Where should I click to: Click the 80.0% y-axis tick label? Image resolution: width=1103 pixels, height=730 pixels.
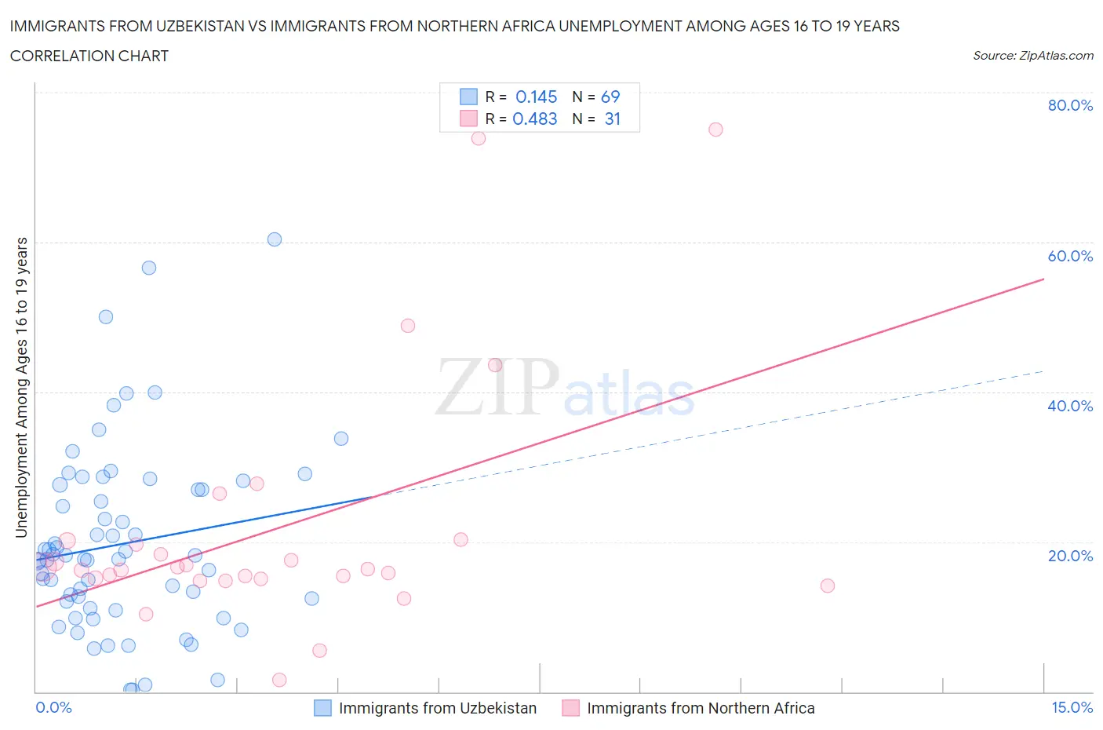click(1070, 105)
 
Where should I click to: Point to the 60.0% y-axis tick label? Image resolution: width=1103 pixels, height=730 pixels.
click(1070, 256)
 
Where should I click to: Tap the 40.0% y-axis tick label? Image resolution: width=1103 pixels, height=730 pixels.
click(1070, 406)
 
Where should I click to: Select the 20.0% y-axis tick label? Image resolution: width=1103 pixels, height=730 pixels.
click(1070, 556)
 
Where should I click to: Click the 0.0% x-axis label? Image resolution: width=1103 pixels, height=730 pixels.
click(53, 707)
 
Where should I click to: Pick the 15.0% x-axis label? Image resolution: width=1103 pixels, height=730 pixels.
click(1072, 707)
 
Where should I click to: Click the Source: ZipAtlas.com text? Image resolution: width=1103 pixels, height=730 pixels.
click(1032, 56)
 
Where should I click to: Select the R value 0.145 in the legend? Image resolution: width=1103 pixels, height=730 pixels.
click(536, 97)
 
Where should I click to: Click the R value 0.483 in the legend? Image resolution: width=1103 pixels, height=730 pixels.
click(534, 119)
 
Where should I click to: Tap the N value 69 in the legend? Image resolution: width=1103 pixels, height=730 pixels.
click(610, 97)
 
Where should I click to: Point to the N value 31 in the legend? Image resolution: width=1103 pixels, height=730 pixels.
click(612, 119)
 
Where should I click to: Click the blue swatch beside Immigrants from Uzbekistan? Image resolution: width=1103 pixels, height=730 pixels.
click(322, 708)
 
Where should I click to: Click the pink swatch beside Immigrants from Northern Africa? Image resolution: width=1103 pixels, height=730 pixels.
click(570, 708)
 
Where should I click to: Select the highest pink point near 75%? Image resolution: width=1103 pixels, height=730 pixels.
click(715, 130)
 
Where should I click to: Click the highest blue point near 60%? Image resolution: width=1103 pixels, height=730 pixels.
click(275, 239)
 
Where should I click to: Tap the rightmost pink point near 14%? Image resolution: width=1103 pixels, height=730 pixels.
click(827, 586)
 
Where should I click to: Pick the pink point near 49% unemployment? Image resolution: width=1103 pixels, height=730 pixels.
click(408, 326)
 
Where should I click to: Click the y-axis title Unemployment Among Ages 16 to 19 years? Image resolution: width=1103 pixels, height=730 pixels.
click(22, 387)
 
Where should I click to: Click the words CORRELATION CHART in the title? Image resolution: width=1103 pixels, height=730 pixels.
click(89, 56)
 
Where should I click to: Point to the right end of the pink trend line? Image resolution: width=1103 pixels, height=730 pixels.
click(1043, 279)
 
